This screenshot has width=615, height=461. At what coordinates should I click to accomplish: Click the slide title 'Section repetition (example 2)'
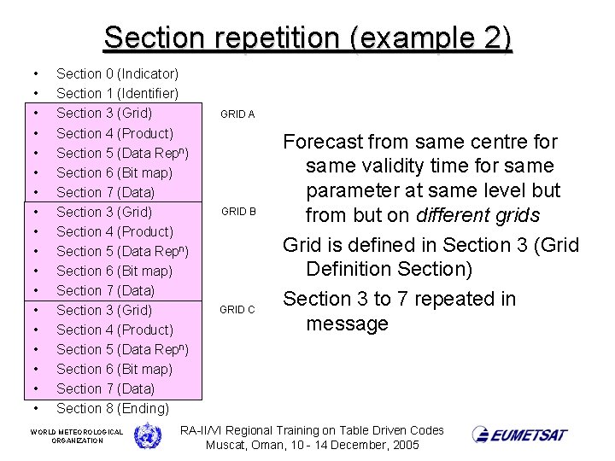(x=307, y=38)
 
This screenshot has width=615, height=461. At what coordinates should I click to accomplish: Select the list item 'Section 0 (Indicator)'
(x=117, y=74)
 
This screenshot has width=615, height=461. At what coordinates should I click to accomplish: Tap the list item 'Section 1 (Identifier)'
(x=117, y=93)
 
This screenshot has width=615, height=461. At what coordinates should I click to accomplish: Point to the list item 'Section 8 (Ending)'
(x=113, y=409)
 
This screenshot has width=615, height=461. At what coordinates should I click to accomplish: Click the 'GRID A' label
(x=237, y=114)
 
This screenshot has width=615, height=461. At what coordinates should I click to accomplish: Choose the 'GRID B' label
(x=237, y=212)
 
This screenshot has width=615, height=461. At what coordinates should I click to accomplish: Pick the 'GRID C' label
(x=237, y=310)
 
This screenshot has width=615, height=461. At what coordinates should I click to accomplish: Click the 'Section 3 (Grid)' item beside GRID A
(x=104, y=114)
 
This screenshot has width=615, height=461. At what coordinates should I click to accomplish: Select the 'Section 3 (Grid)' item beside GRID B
(x=104, y=212)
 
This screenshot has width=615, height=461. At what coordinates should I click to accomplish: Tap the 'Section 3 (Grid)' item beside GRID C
(x=104, y=310)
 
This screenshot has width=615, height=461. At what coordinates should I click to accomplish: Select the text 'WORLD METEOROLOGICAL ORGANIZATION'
(x=77, y=436)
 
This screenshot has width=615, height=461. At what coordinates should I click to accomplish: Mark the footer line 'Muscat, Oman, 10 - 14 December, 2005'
(x=313, y=446)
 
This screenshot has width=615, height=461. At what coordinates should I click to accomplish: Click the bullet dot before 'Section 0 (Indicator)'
(x=35, y=74)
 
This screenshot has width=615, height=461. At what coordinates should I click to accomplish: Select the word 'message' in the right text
(x=347, y=324)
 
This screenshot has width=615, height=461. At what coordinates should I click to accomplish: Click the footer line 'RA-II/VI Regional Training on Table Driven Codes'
(x=313, y=430)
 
